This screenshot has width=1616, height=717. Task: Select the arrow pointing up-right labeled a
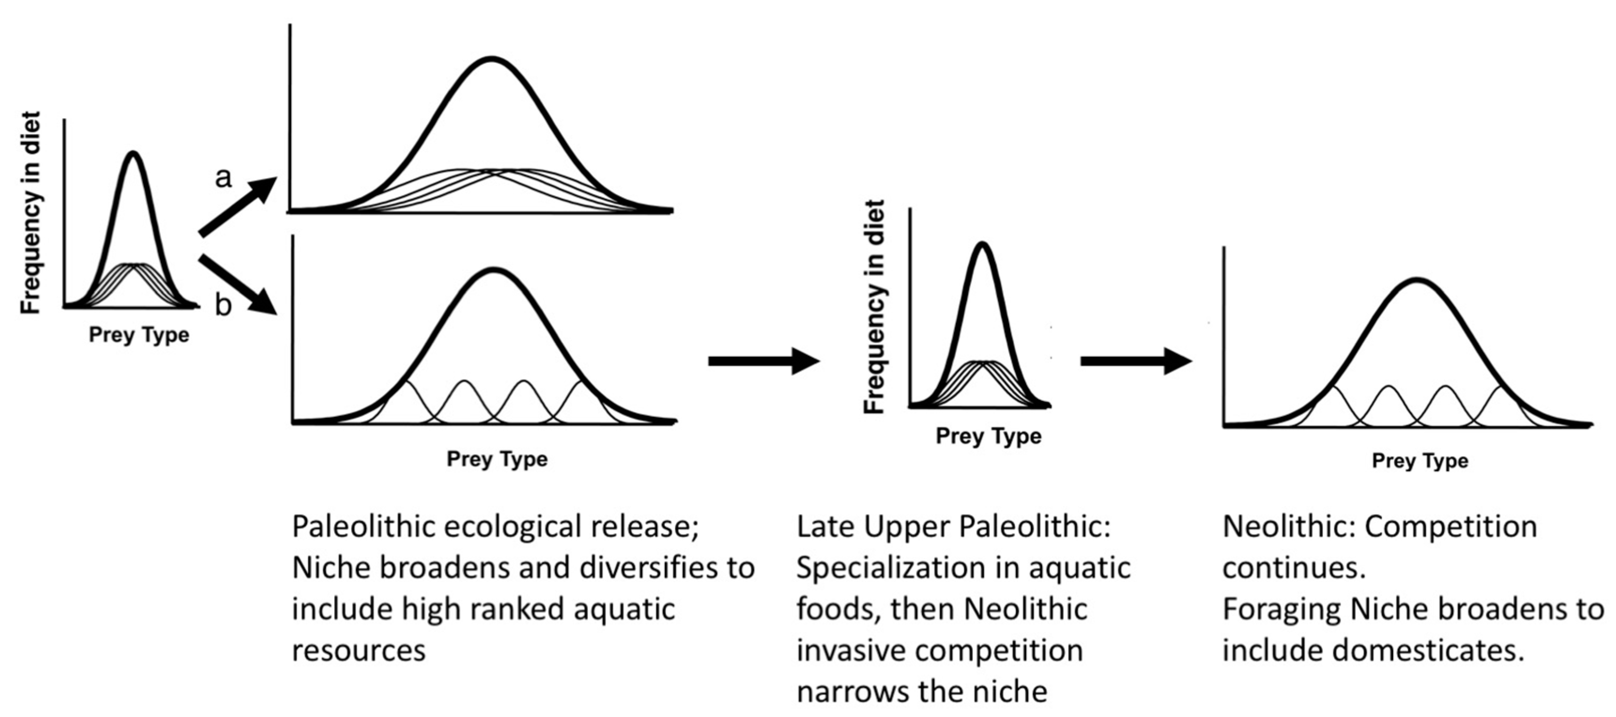[237, 207]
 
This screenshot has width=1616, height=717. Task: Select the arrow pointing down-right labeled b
[237, 283]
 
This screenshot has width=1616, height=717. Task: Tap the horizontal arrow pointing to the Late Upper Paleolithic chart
[764, 361]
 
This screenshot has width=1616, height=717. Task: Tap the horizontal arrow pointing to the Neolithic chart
[1135, 361]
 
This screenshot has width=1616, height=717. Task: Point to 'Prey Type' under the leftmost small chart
[138, 335]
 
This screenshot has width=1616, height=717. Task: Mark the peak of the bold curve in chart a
[492, 59]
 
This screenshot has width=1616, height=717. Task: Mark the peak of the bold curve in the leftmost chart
[132, 153]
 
